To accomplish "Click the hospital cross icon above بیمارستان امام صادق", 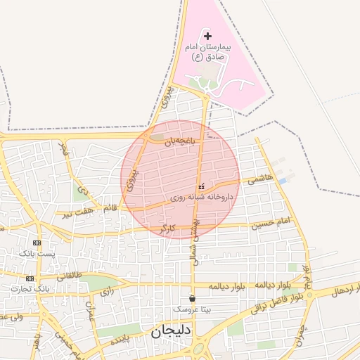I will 207,35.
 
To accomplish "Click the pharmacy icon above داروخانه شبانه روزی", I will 202,186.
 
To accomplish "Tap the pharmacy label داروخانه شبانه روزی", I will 202,198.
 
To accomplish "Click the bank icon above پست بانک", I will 37,242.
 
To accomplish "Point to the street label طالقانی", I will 68,276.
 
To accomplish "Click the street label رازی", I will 107,290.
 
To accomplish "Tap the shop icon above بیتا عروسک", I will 193,298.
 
